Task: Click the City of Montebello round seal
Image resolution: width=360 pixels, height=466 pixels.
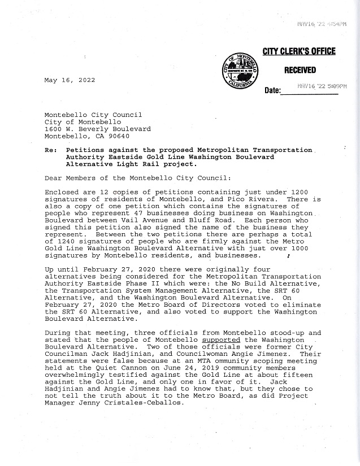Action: pos(242,71)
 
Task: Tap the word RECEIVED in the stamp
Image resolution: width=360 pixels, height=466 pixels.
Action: pos(300,70)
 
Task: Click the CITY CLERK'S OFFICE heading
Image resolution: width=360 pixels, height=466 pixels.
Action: pos(299,52)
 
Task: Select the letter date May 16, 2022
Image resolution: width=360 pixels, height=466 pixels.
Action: pos(70,80)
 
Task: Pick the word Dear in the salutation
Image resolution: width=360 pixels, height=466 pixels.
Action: pos(53,178)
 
